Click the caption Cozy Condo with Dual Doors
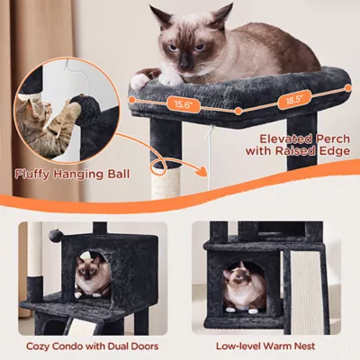(x=94, y=345)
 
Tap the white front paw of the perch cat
(x=143, y=81)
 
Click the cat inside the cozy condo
(x=90, y=275)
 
